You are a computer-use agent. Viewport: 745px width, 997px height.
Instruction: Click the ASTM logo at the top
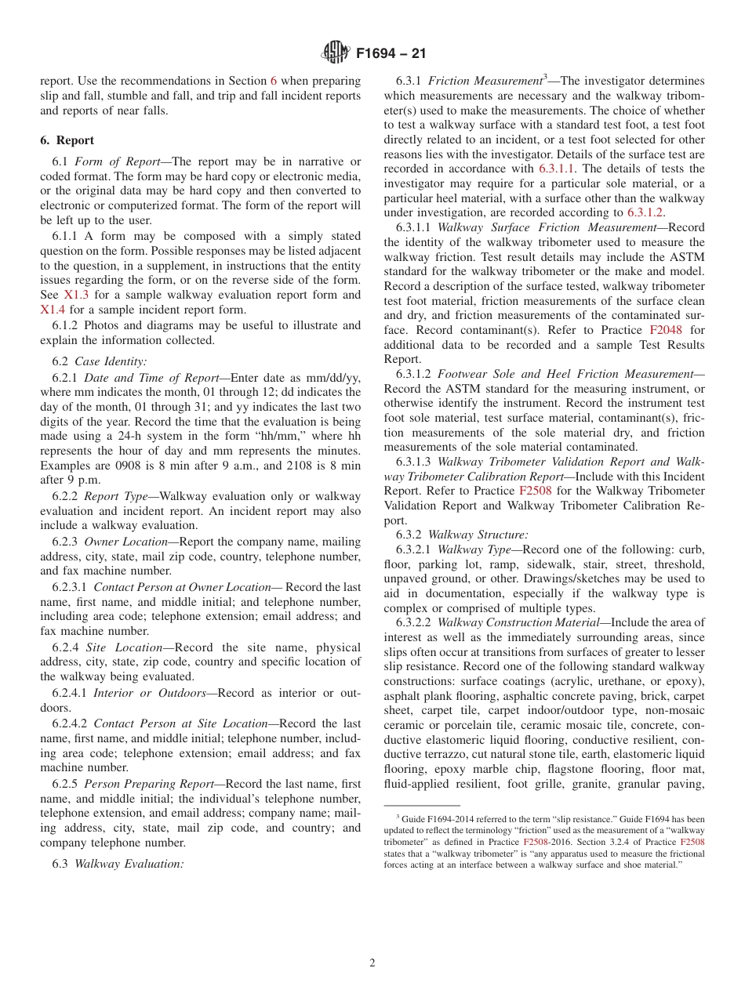click(x=335, y=54)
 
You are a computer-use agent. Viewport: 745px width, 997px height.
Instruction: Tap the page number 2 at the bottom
click(x=372, y=963)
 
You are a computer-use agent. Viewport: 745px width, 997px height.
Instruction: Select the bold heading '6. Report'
click(x=67, y=140)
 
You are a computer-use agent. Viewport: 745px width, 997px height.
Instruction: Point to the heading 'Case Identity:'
click(x=111, y=361)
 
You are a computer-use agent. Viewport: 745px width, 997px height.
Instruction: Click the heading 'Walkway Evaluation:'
click(x=129, y=864)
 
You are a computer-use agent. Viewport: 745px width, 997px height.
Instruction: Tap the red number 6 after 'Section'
click(x=274, y=81)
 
